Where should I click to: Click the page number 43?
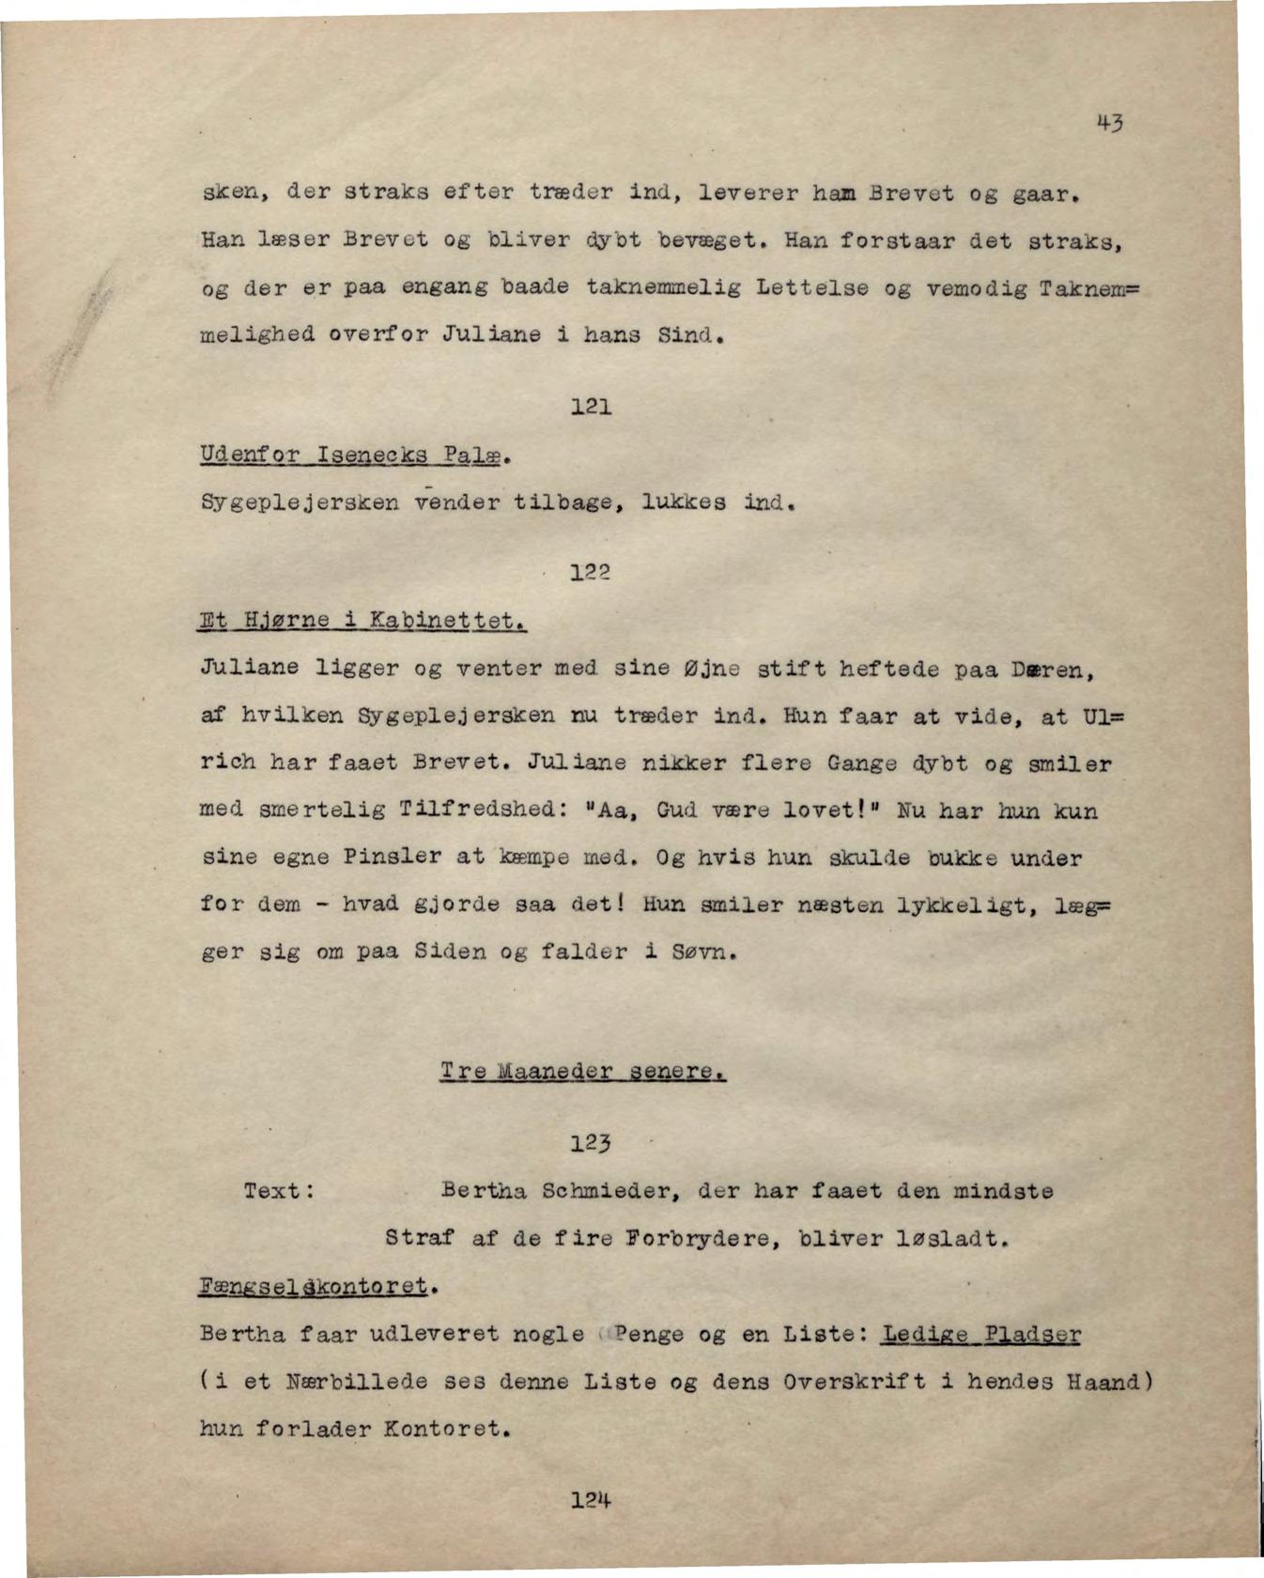tap(1108, 123)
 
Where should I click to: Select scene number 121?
tap(592, 408)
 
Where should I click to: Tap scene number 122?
tap(592, 572)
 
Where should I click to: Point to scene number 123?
tap(592, 1143)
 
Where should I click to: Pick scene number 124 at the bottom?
tap(592, 1500)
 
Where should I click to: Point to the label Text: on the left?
tap(278, 1191)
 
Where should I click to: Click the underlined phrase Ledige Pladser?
tap(980, 1334)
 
